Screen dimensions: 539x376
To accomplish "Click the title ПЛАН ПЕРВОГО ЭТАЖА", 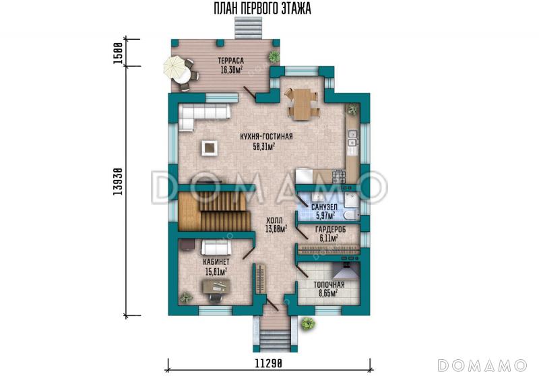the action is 262,9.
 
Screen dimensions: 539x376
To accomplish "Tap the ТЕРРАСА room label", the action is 231,61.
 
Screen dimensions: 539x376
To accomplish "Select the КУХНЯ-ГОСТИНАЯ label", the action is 266,137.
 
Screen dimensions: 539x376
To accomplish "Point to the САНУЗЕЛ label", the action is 324,208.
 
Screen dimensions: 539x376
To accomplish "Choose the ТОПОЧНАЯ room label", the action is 329,285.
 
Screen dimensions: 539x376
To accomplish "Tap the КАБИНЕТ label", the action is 216,262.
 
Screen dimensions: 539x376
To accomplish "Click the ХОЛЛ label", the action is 275,220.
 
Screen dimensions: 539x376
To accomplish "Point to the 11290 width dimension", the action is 268,363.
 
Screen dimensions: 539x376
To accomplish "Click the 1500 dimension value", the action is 118,53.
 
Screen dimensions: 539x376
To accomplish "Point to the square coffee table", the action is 210,148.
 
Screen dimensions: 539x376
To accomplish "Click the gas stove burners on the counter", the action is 338,177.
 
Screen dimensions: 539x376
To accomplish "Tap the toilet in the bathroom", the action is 351,215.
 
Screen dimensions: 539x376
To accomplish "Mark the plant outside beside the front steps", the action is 308,323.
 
